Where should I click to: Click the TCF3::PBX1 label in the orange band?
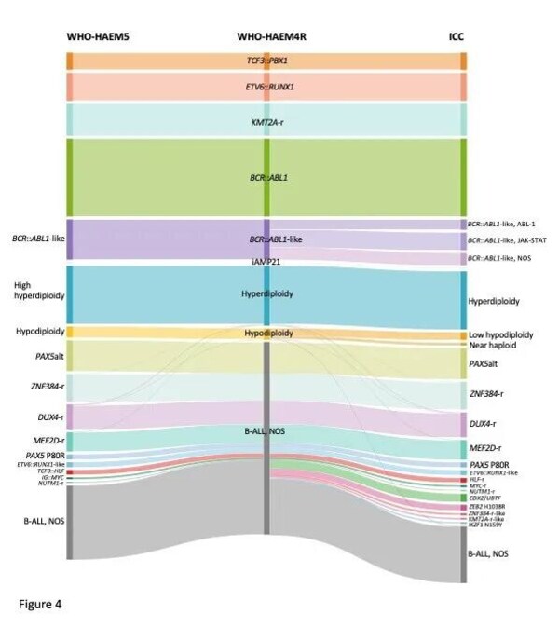click(x=266, y=61)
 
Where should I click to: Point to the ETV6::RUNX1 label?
click(x=266, y=87)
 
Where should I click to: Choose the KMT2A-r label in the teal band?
click(x=266, y=121)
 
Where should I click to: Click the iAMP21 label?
click(x=266, y=262)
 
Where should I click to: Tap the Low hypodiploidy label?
click(x=500, y=334)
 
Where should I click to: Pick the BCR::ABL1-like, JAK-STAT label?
click(x=508, y=240)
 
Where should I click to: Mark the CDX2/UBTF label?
click(x=491, y=498)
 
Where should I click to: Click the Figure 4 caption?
click(x=40, y=604)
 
